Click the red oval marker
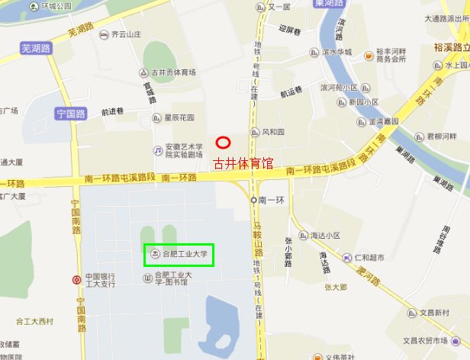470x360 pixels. (x=223, y=143)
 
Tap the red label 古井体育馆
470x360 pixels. (x=243, y=163)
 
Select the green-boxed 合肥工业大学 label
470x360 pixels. (x=179, y=254)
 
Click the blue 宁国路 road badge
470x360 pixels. (x=71, y=114)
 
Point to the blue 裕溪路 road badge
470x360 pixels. (x=450, y=47)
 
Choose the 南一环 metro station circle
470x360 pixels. (x=254, y=199)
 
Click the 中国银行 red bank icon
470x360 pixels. (x=76, y=279)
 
